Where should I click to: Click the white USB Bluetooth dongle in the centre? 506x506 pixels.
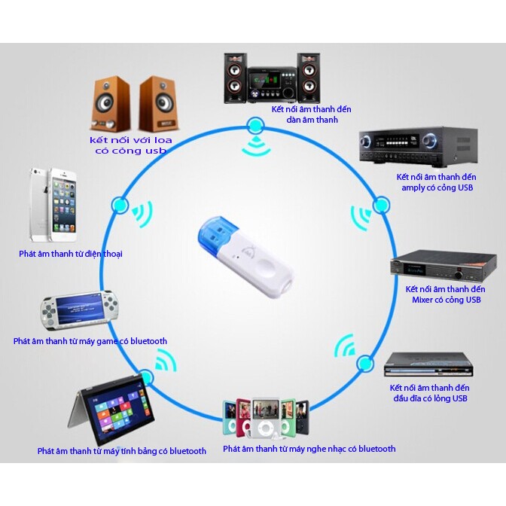[245, 255]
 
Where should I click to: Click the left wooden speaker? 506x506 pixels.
[111, 103]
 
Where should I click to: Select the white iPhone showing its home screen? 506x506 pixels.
[63, 206]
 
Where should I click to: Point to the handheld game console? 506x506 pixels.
[78, 310]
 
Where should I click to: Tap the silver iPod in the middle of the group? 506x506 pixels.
[266, 418]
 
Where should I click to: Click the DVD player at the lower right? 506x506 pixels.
[428, 365]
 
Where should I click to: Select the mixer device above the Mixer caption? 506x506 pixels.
[444, 267]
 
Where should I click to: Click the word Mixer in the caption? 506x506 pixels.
[422, 300]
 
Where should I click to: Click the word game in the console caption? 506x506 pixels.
[107, 341]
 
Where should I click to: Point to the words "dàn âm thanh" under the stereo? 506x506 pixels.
[312, 120]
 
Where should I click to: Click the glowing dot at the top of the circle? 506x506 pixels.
[255, 125]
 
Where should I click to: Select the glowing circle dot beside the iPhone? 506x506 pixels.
[120, 205]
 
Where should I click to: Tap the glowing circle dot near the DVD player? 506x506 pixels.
[365, 364]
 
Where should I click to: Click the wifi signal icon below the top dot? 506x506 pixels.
[256, 147]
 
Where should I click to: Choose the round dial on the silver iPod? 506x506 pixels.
[265, 428]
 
